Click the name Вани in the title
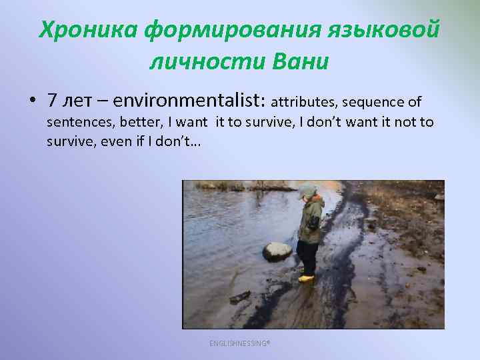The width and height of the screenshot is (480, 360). coord(301,62)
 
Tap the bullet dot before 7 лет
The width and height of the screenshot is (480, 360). coord(31,101)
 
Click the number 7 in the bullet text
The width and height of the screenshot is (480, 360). coord(51,101)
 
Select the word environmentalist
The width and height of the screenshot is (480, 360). coord(189,101)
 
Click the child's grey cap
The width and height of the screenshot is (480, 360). coord(307,190)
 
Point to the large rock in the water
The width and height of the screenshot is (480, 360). coord(277,251)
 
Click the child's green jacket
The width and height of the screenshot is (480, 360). coord(311,220)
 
